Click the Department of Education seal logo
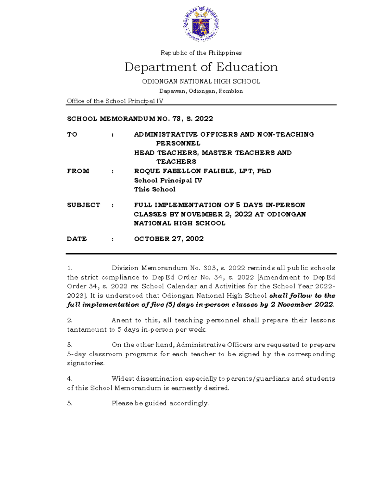[x=201, y=24]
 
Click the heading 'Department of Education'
[x=201, y=67]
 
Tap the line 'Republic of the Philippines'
[x=201, y=53]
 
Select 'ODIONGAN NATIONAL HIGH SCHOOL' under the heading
[x=201, y=82]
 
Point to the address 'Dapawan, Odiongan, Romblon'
[x=201, y=91]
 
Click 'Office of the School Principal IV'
[x=115, y=101]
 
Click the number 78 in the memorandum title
[x=176, y=119]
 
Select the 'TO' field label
[x=72, y=135]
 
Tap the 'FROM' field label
[x=78, y=171]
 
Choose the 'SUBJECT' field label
[x=84, y=205]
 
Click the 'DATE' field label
[x=77, y=239]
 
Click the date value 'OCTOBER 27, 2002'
[x=169, y=239]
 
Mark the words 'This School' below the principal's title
[x=155, y=189]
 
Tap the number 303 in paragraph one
[x=210, y=268]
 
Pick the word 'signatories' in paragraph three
[x=85, y=363]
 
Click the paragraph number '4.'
[x=70, y=379]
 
